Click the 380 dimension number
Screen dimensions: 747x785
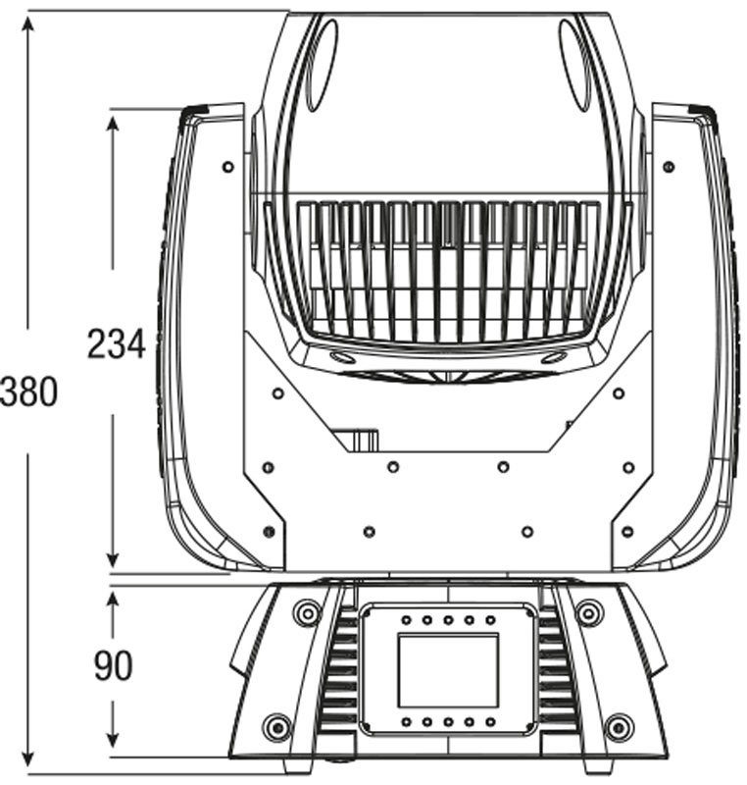28,392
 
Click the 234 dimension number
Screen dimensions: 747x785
117,344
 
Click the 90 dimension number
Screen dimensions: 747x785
114,666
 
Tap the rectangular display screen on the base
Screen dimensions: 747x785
449,670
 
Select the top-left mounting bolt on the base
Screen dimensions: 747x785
307,611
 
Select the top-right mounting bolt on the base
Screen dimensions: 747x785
589,611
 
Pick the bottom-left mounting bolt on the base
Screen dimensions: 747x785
276,725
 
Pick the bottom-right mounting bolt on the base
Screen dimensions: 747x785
620,725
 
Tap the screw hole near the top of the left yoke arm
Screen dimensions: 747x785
228,167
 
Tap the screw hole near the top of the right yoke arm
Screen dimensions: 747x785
669,167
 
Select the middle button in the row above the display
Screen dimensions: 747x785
449,620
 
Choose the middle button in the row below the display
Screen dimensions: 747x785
449,722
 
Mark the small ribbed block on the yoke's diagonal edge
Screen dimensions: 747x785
365,440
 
